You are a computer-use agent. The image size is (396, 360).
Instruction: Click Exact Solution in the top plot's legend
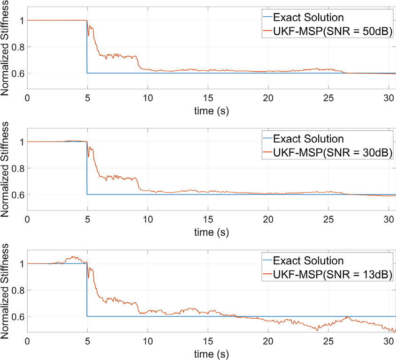coord(308,18)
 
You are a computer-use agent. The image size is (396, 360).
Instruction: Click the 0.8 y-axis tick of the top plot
coord(18,47)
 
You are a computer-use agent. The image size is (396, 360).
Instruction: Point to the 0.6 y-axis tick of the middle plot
coord(18,195)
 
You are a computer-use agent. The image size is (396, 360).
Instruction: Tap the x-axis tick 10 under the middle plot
coord(147,219)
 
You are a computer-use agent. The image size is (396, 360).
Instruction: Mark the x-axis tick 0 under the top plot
coord(27,98)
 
